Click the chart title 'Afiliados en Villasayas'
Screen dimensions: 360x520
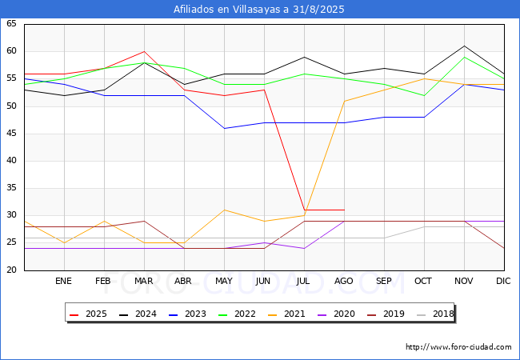[x=259, y=10]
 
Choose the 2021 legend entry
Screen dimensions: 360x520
[x=287, y=314]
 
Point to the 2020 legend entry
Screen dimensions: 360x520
[x=335, y=314]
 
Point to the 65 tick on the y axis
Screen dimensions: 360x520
[x=11, y=24]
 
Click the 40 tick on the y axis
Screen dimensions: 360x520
[x=11, y=161]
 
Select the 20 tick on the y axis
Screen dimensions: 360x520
[x=11, y=270]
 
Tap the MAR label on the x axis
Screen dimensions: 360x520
[x=144, y=282]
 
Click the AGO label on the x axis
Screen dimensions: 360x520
[x=344, y=282]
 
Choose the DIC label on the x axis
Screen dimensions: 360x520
[x=503, y=282]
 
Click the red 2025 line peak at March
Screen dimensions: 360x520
[x=144, y=51]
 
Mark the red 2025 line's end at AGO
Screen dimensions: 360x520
[x=344, y=210]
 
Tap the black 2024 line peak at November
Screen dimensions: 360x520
[x=464, y=46]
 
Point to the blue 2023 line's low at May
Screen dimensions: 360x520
[x=224, y=128]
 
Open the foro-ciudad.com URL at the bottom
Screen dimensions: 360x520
[x=458, y=347]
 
